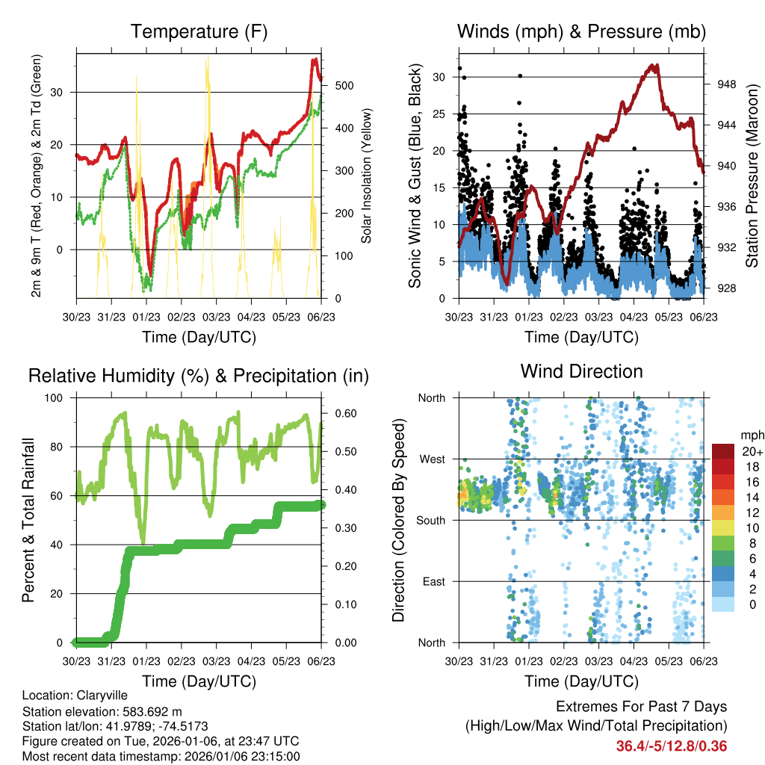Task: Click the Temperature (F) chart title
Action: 199,32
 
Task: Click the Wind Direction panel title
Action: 581,371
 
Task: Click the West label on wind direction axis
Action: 433,459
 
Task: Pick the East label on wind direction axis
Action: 434,581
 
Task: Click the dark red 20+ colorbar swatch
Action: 723,451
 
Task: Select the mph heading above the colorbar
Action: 751,436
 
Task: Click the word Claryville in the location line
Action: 94,695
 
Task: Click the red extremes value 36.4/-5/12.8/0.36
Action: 672,746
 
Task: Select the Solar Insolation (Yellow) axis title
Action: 367,176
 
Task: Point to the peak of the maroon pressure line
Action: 655,66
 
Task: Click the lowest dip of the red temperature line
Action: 150,275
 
